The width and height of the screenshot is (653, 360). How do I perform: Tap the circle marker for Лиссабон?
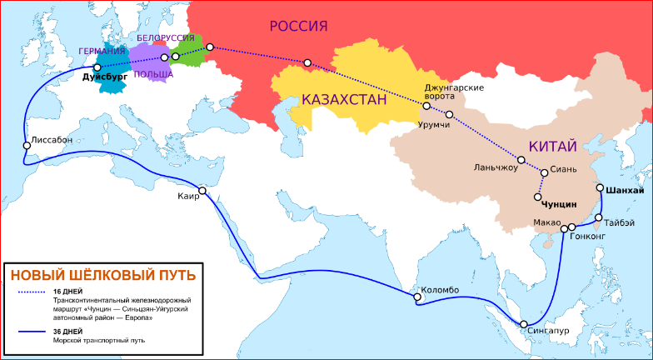27,145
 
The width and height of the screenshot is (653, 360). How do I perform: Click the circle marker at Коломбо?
414,296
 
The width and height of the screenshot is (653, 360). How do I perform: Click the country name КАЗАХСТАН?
344,101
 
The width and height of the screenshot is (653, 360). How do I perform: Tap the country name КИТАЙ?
552,147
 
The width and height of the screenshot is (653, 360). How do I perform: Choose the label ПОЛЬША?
153,74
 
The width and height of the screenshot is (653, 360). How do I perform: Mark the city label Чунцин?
559,203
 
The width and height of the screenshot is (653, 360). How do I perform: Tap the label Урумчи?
433,124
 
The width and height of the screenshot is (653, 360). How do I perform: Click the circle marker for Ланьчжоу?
521,160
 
